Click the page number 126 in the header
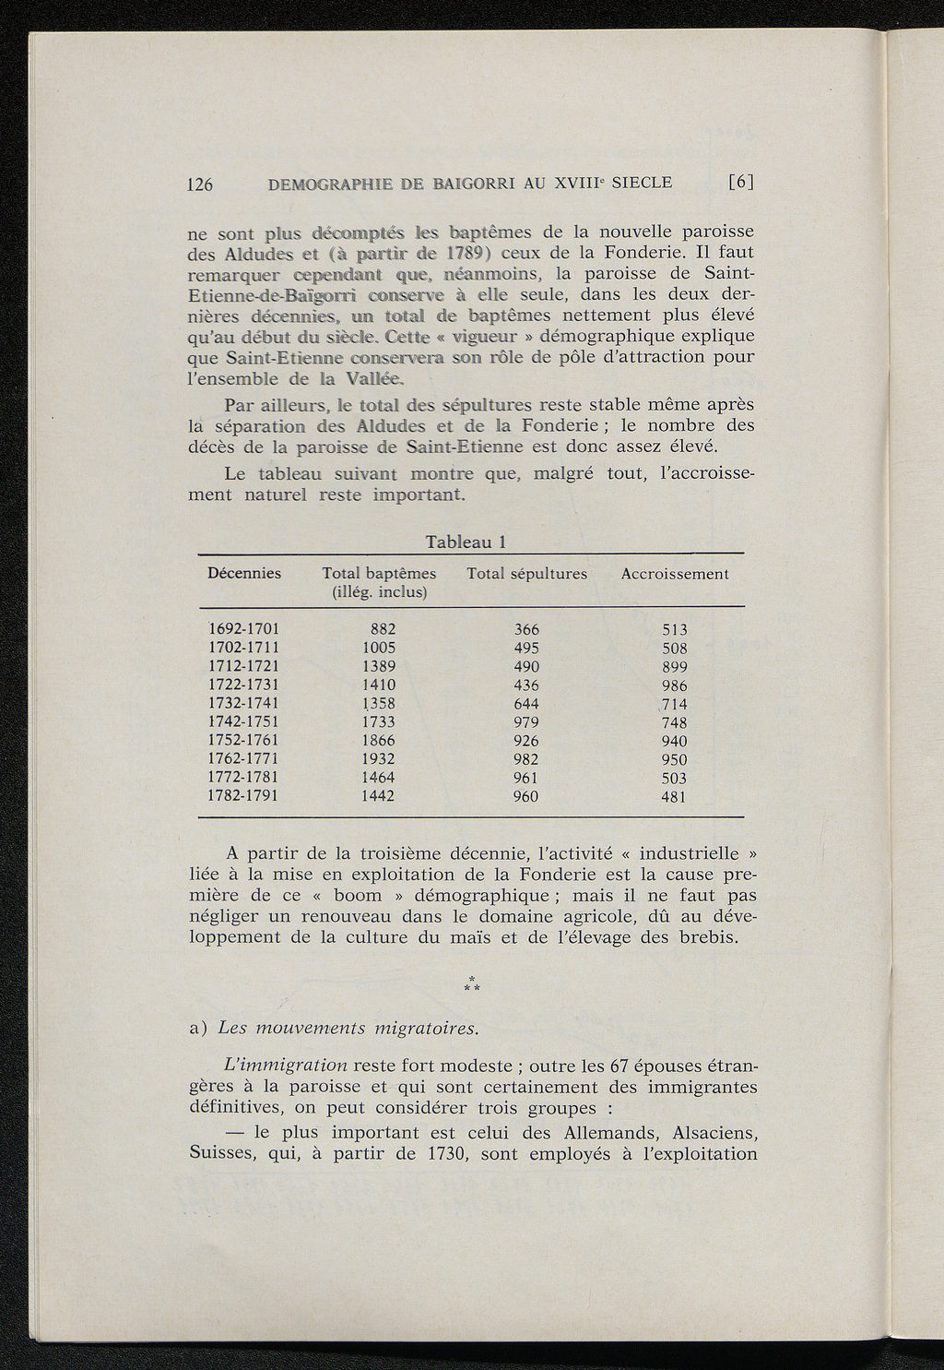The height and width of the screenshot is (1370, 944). coord(200,184)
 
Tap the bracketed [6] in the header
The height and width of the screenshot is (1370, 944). coord(741,183)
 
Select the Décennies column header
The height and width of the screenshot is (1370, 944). coord(244,573)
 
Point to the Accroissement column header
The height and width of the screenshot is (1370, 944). coord(675,574)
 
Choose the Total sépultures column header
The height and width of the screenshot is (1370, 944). coord(527,574)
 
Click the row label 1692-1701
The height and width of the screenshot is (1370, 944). coord(244,629)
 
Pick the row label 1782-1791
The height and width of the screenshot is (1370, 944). coord(244,795)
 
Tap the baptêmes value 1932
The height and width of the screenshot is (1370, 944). coord(378,758)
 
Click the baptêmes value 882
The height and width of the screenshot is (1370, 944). coord(383,629)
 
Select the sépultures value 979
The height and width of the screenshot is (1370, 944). coord(525,721)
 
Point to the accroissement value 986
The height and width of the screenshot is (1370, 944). coord(675,685)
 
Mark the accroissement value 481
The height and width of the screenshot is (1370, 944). coord(675,797)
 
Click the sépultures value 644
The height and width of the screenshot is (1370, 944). coord(525,703)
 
